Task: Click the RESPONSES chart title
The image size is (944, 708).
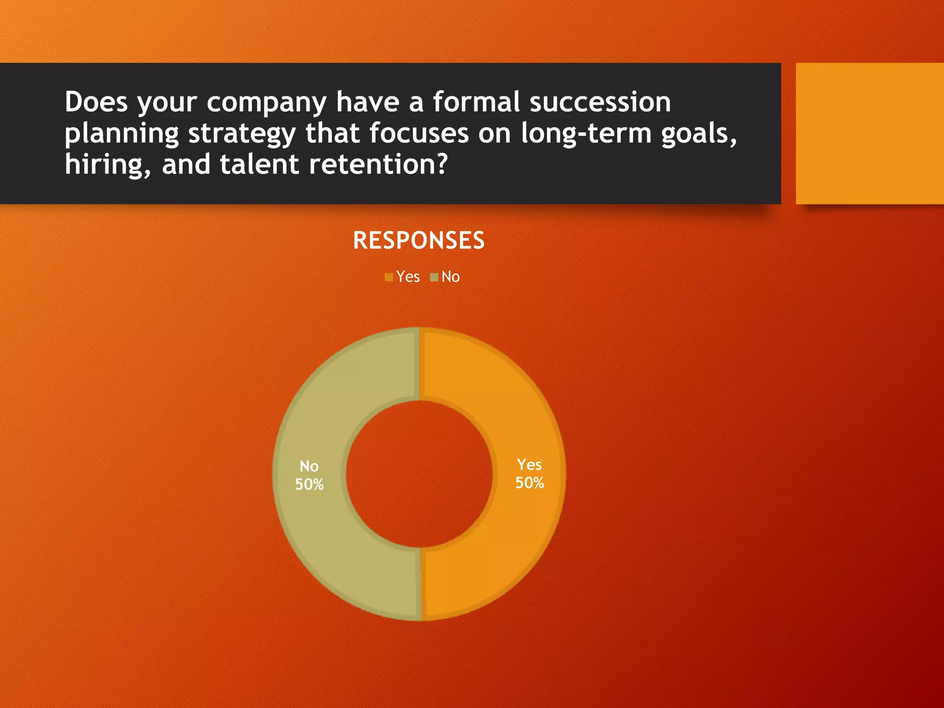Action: click(419, 241)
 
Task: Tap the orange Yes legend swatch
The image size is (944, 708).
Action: click(389, 277)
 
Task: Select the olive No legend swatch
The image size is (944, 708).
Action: click(434, 277)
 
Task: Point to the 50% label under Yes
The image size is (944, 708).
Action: click(530, 483)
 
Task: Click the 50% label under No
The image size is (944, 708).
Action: click(309, 485)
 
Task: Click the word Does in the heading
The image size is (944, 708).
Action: click(96, 102)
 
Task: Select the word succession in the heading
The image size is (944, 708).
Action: click(600, 102)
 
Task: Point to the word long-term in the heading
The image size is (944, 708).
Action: click(586, 134)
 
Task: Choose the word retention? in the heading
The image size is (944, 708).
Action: click(378, 165)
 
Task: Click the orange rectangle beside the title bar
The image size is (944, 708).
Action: click(869, 134)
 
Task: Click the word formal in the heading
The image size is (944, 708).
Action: click(476, 102)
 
